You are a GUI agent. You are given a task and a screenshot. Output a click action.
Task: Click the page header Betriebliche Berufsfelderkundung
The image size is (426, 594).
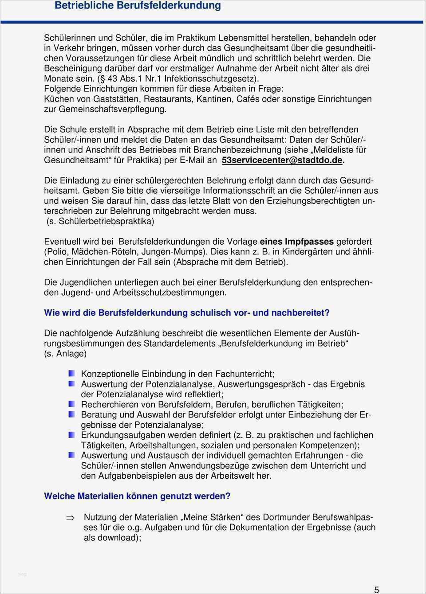coord(138,6)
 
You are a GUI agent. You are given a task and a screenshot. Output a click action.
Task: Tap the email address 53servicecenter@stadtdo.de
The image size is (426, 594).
coord(282,160)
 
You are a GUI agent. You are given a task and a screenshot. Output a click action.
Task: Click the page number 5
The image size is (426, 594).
coord(377,590)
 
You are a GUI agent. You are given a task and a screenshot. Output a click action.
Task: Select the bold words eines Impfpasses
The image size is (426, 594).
coord(296,242)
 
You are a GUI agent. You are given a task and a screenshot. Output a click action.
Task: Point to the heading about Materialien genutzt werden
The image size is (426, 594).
coord(137,496)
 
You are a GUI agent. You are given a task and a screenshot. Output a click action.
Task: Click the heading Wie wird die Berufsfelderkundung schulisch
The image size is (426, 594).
coord(187,313)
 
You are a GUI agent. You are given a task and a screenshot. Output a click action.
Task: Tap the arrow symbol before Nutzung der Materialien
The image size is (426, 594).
coord(71,517)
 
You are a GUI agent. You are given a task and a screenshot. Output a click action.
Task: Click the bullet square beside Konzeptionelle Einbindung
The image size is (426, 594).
coord(72,374)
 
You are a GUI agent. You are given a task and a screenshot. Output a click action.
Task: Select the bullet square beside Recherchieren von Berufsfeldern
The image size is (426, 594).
coord(72,404)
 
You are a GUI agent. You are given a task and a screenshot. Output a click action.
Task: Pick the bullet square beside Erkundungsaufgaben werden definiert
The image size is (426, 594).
coord(72,435)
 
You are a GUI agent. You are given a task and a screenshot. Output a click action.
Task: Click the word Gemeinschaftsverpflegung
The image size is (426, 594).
coord(112,109)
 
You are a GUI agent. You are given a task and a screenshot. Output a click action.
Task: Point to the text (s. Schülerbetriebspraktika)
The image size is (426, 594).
coord(100,221)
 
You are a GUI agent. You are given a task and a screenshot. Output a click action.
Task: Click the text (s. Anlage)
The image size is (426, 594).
coord(65,354)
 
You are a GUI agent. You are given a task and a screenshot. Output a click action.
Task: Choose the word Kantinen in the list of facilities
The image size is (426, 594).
coord(215,99)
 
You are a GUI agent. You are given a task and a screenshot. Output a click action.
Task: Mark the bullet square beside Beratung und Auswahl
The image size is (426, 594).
coord(72,414)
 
